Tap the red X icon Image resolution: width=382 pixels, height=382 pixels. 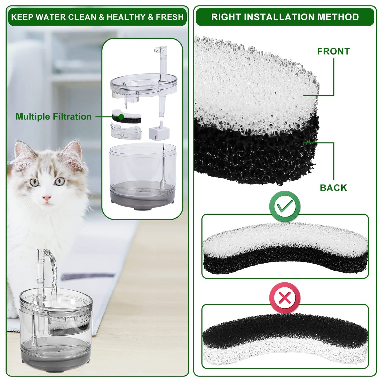click(285, 297)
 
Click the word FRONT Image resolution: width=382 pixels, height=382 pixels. click(333, 51)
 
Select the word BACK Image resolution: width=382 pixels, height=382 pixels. click(333, 188)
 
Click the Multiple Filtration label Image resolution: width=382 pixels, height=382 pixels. click(54, 117)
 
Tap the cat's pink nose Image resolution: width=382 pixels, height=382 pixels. click(47, 198)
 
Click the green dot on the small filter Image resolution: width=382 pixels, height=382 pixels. click(121, 117)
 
